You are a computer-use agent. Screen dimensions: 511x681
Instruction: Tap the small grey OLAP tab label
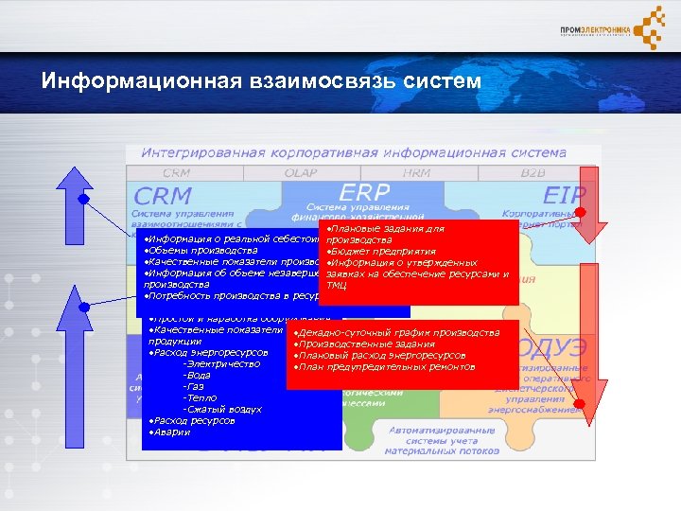301,173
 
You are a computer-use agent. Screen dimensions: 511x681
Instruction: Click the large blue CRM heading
163,196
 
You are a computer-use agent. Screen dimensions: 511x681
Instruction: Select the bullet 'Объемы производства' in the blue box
200,250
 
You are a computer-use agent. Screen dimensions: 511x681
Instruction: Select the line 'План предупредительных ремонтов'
384,367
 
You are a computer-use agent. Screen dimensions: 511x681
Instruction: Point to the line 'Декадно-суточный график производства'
396,333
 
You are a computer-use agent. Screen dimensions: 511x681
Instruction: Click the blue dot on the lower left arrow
84,305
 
